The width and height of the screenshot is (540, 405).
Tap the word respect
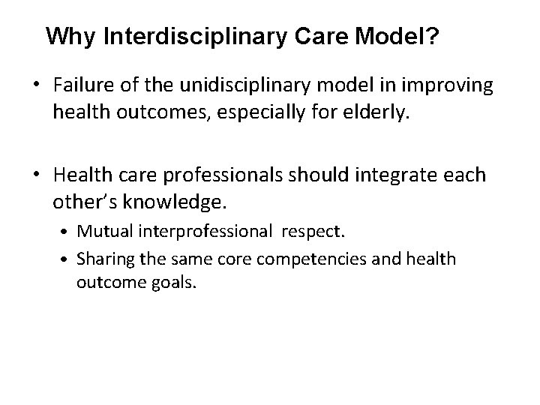313,232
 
